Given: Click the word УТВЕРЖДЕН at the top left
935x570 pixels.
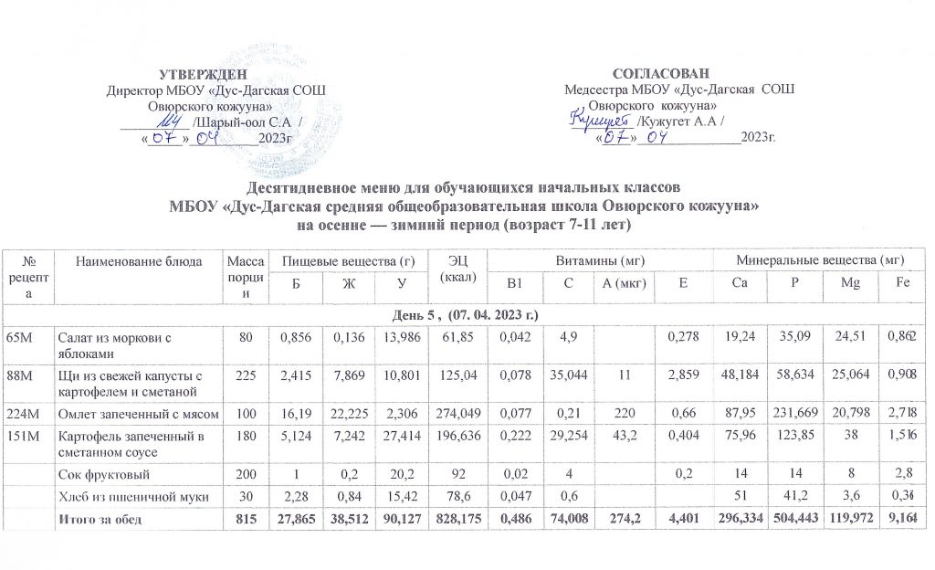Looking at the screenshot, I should (203, 73).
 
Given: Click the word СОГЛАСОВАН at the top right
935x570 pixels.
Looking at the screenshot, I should (660, 73).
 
